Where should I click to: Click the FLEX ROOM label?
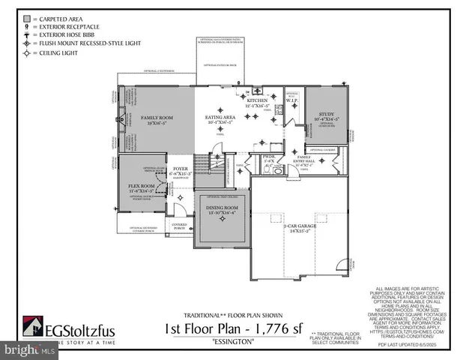click(141, 185)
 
